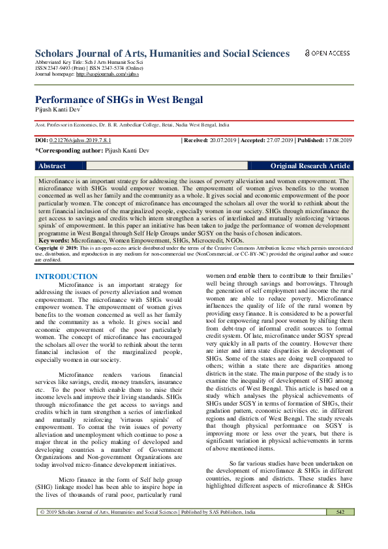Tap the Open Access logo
[x=327, y=53]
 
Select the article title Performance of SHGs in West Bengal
[x=119, y=100]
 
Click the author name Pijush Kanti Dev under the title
[x=58, y=110]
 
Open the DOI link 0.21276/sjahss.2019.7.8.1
[x=80, y=140]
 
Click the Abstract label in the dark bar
[x=52, y=166]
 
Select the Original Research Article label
[x=310, y=166]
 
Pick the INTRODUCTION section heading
[x=66, y=276]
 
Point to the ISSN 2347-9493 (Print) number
[x=60, y=69]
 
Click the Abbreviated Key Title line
[x=88, y=63]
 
